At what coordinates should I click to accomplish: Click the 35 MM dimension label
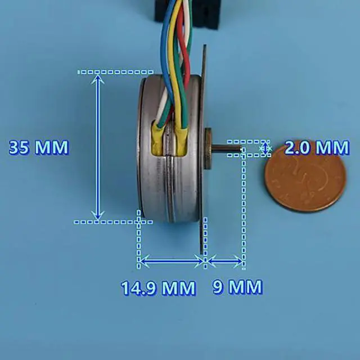[38, 148]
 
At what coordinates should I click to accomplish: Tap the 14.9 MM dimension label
[158, 288]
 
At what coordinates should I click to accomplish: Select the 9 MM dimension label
[237, 287]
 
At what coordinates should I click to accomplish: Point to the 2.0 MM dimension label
[317, 148]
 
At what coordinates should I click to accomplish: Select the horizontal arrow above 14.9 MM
[171, 260]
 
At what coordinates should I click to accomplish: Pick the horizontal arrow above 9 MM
[224, 260]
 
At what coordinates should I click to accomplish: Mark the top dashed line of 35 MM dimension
[115, 72]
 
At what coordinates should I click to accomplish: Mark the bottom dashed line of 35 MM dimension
[112, 222]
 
